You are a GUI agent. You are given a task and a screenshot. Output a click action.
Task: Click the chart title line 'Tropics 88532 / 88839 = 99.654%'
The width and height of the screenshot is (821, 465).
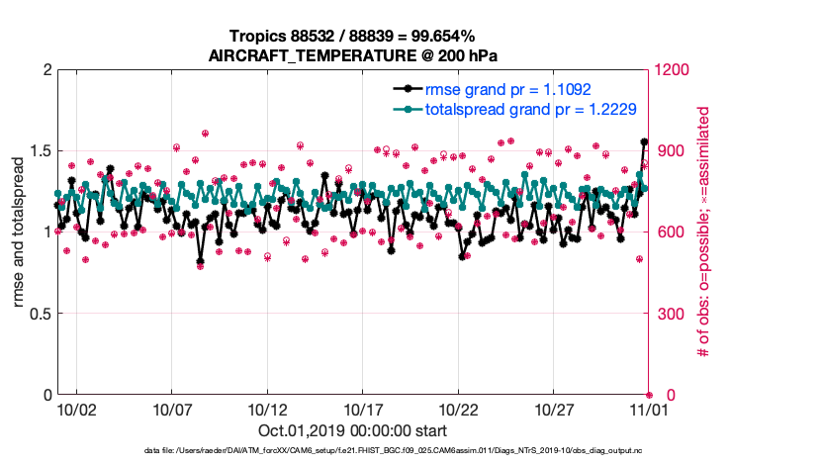(351, 38)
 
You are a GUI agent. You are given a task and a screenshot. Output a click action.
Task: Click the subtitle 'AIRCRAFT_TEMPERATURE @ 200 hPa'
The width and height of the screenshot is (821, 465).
(351, 55)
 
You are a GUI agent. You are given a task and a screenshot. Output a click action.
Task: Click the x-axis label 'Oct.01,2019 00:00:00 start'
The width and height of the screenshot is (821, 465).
(351, 430)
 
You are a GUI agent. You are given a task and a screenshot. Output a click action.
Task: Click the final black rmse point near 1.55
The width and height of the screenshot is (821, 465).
(645, 142)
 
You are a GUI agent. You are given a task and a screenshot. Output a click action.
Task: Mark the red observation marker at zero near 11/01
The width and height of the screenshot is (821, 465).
(649, 395)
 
